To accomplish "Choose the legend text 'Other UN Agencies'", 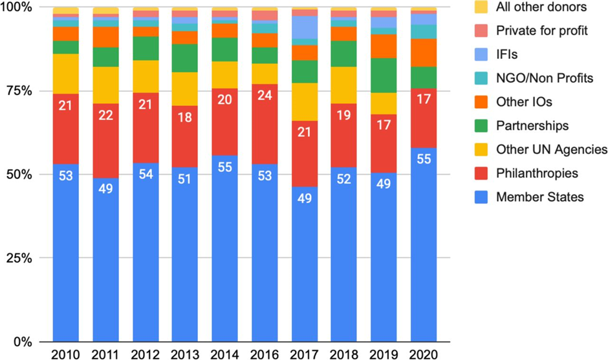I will click(551, 149).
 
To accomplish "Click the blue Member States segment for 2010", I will click(66, 252).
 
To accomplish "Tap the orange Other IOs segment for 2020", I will click(423, 52).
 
